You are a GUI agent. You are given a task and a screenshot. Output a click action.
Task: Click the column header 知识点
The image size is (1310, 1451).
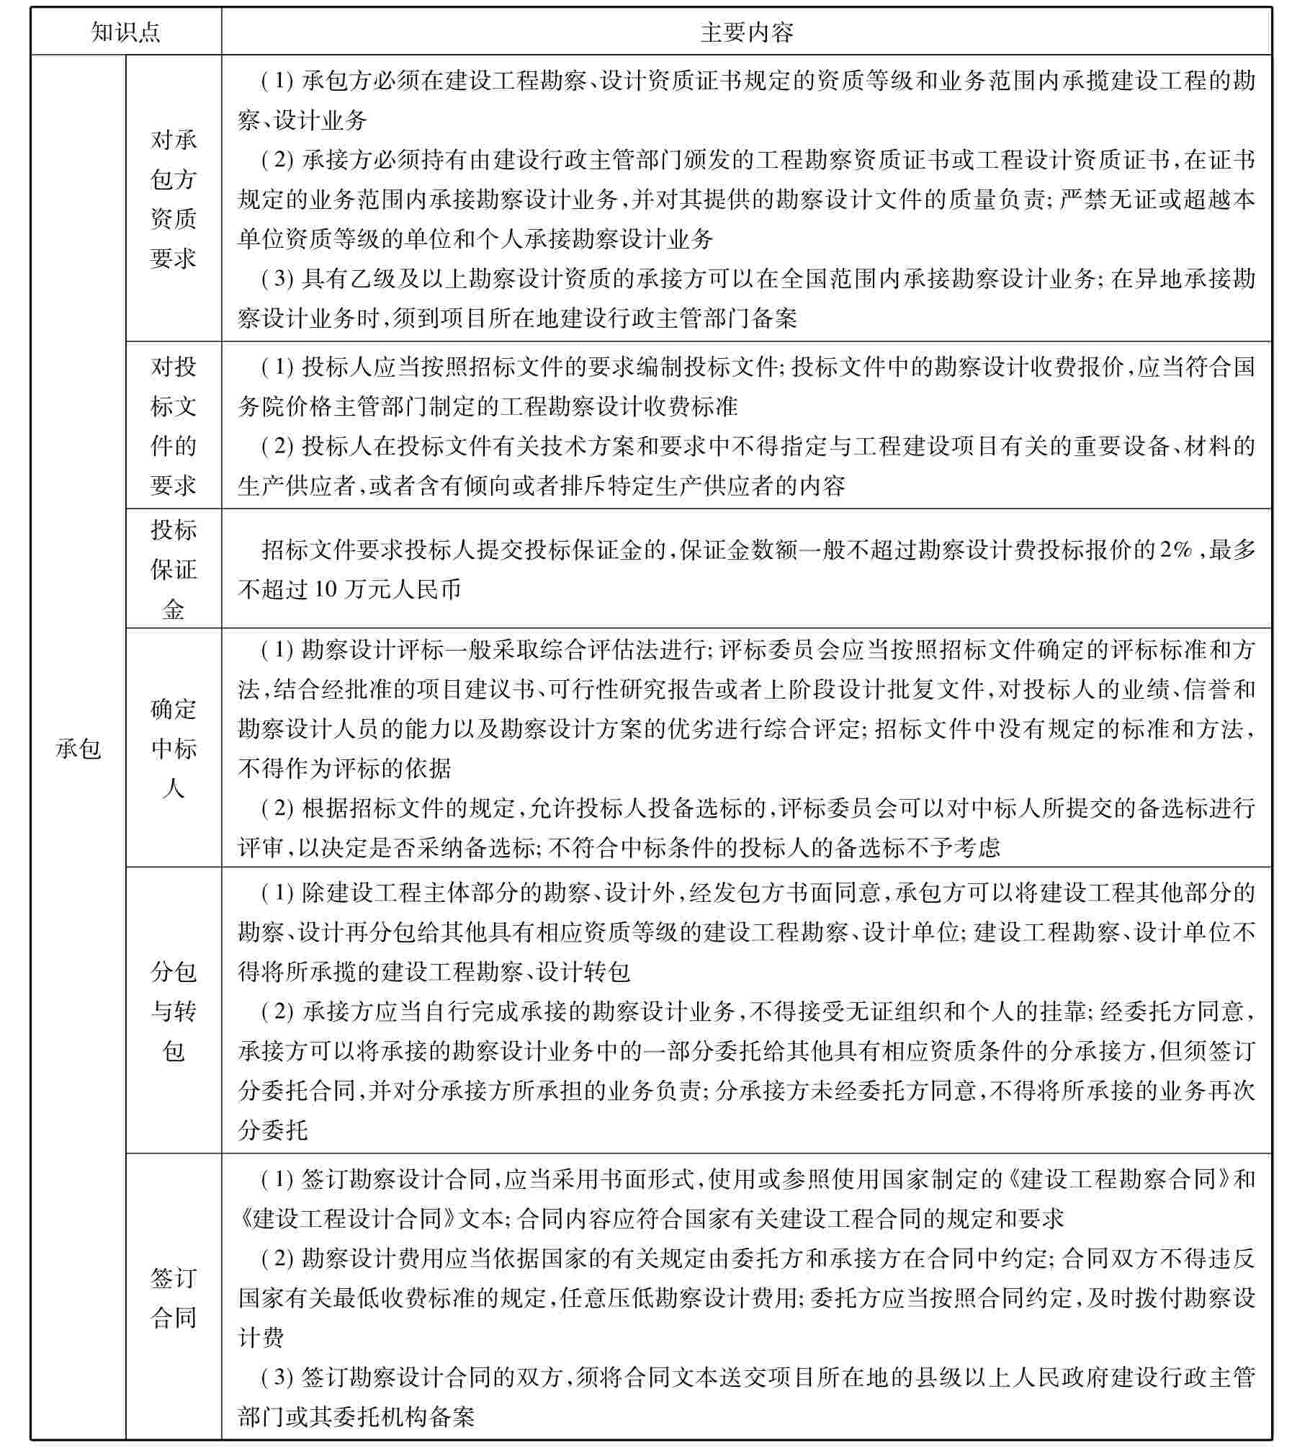126,32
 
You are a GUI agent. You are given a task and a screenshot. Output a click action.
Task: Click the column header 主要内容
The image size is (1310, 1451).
747,32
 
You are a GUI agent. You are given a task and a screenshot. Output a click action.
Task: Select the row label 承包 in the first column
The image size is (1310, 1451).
78,749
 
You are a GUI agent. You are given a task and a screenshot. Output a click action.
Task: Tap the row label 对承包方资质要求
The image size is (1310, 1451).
174,199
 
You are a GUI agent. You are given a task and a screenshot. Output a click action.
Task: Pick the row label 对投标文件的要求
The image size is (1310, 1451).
174,426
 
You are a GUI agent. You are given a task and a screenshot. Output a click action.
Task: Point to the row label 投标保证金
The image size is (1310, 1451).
174,569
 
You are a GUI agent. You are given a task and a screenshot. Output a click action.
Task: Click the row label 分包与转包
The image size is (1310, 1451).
174,1011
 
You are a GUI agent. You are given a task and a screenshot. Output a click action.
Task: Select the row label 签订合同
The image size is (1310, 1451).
174,1298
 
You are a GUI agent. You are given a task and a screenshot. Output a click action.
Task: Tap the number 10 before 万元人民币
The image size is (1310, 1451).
326,590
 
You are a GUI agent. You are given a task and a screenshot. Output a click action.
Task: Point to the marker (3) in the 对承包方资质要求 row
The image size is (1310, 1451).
277,279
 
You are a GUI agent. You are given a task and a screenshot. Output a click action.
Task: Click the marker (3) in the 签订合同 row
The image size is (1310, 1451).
277,1378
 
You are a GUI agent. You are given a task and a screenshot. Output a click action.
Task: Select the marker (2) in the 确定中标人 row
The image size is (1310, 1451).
277,808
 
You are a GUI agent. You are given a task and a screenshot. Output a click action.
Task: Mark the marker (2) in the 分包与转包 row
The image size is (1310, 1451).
277,1012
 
